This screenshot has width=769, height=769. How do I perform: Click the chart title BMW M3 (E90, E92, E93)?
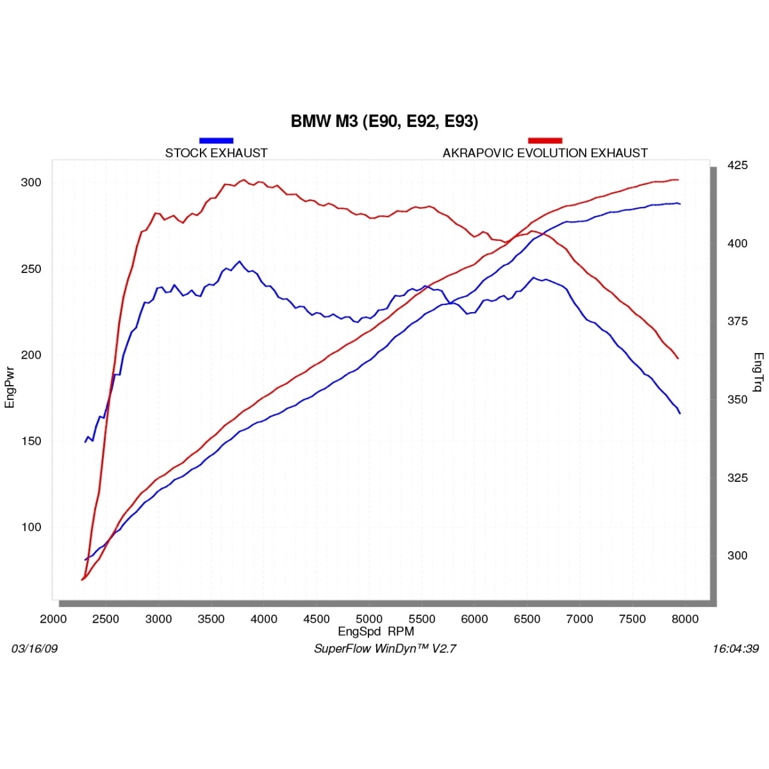point(384,121)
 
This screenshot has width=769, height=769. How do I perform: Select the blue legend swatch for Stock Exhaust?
point(216,140)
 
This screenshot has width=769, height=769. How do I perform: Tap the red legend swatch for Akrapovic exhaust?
point(545,140)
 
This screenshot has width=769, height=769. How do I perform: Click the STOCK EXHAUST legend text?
point(216,153)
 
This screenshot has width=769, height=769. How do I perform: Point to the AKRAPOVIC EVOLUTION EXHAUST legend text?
point(545,153)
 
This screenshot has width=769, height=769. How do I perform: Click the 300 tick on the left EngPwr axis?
point(31,183)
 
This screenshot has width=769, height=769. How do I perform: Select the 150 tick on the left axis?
point(31,441)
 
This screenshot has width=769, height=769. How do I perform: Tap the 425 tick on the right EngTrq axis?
point(738,165)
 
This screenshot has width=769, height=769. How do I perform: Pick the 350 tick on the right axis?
point(738,399)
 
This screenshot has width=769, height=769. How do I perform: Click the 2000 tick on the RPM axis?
point(53,619)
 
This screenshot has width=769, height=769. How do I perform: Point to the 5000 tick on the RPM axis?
point(369,619)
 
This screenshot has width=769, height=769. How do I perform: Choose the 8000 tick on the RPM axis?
point(685,619)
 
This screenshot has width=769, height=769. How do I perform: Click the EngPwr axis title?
point(10,386)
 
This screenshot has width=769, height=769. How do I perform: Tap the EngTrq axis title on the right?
point(758,372)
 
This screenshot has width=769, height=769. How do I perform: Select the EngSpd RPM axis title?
point(376,631)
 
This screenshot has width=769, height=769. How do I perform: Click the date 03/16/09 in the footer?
point(35,649)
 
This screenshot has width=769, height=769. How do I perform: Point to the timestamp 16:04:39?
point(735,649)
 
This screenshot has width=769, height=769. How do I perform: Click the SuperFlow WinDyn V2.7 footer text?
point(384,649)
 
